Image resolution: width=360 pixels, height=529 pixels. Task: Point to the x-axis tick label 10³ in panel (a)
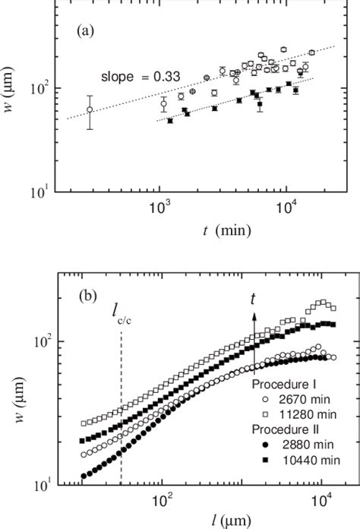coord(159,207)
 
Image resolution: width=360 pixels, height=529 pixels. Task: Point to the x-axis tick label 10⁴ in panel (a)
coord(286,207)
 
